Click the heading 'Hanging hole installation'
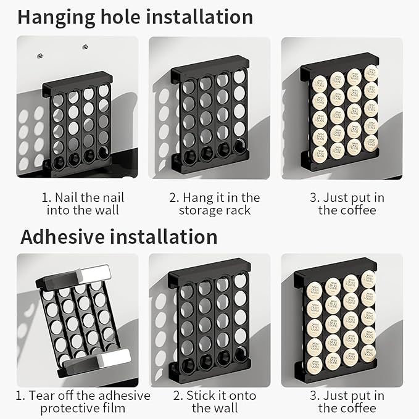135,17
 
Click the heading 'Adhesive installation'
118,237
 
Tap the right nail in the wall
85,46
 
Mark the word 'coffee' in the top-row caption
357,210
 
